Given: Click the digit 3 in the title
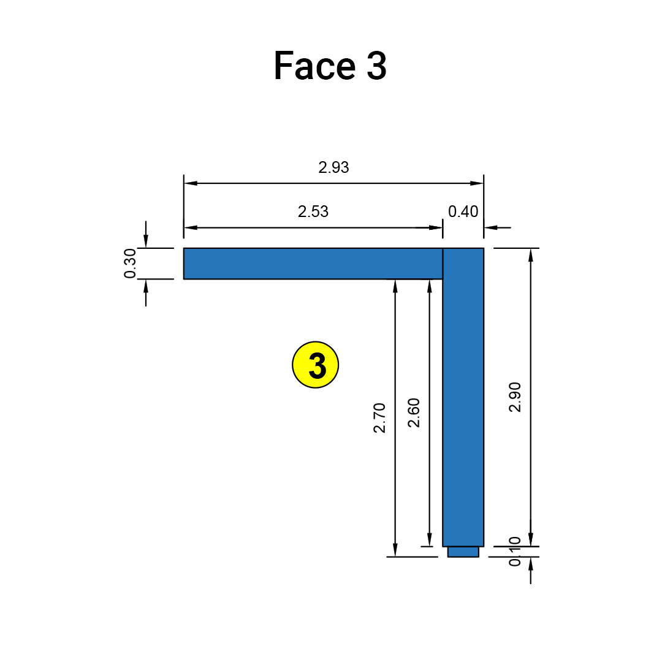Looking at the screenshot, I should [377, 66].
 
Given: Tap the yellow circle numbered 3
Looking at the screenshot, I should [316, 365].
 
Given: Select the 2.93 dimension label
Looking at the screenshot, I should [333, 167].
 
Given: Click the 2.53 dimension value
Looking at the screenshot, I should [313, 212].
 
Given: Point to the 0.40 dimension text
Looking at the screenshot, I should [463, 212].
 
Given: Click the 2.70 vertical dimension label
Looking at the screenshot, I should [380, 418].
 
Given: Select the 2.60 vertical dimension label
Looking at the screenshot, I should [414, 413].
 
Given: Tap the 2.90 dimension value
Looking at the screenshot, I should [515, 397].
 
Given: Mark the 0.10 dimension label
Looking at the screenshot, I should [515, 552].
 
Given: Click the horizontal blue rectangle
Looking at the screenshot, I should [313, 264].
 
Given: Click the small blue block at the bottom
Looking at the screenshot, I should [463, 552].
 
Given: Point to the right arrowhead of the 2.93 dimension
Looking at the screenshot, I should [477, 183].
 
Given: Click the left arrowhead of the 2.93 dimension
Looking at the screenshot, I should [191, 183].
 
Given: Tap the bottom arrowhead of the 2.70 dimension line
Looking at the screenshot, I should [395, 550].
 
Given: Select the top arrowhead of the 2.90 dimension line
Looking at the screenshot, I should [531, 255].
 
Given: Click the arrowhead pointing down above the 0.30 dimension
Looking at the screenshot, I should [146, 242].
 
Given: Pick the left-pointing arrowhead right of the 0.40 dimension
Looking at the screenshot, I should [490, 228].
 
